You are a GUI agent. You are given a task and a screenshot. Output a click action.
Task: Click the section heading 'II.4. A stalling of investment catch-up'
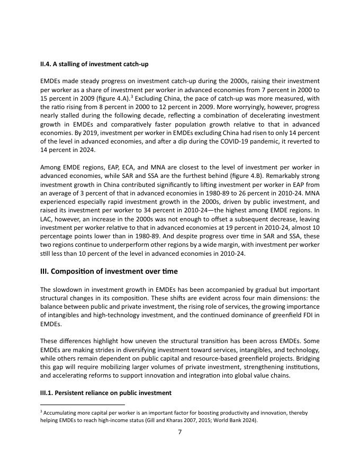pos(94,64)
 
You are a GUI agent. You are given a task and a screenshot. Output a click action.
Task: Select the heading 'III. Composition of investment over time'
pos(109,271)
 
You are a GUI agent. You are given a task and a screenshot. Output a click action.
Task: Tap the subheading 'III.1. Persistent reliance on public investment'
pos(106,393)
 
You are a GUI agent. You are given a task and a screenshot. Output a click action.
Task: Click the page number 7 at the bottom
pos(179,432)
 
